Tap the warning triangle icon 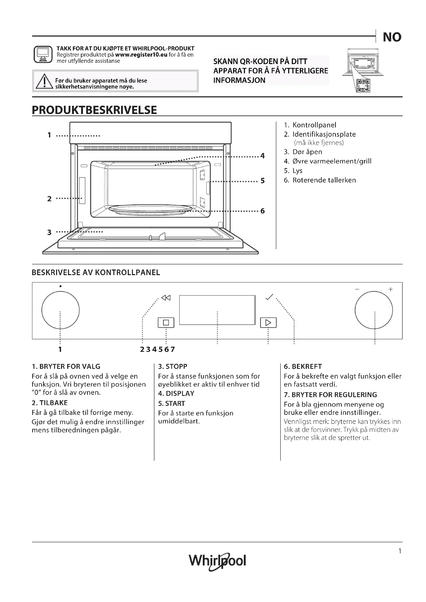pyautogui.click(x=44, y=81)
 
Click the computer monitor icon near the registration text pyautogui.click(x=43, y=55)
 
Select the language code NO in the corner pyautogui.click(x=392, y=37)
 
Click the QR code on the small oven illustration pyautogui.click(x=363, y=86)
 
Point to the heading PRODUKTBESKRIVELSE pyautogui.click(x=94, y=110)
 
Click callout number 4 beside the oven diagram pyautogui.click(x=262, y=156)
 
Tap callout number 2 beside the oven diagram pyautogui.click(x=49, y=199)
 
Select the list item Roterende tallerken pyautogui.click(x=324, y=180)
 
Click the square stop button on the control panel pyautogui.click(x=166, y=322)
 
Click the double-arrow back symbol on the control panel pyautogui.click(x=166, y=298)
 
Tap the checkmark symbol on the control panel pyautogui.click(x=269, y=297)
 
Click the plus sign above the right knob pyautogui.click(x=390, y=289)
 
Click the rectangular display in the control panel pyautogui.click(x=217, y=310)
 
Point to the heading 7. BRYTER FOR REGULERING pyautogui.click(x=330, y=395)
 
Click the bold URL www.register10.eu pyautogui.click(x=141, y=55)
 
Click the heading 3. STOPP pyautogui.click(x=173, y=366)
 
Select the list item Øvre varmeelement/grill pyautogui.click(x=331, y=161)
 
